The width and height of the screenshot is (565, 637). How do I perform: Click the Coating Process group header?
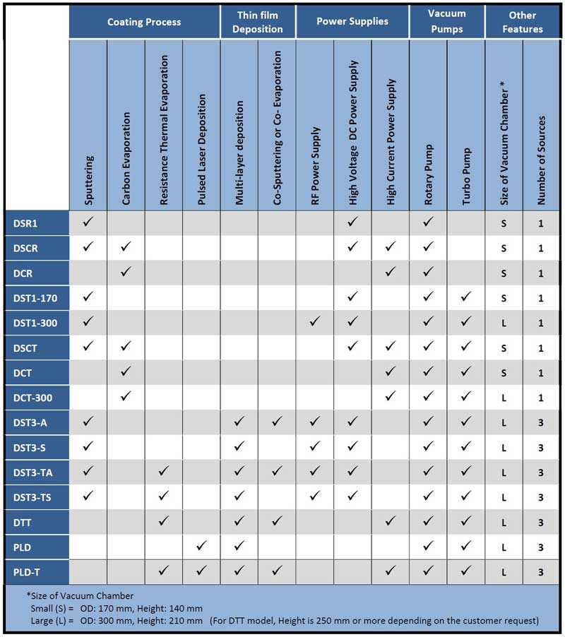pyautogui.click(x=144, y=22)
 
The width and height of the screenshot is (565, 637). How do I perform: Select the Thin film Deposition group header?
pyautogui.click(x=258, y=22)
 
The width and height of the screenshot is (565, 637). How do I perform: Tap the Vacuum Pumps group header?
pyautogui.click(x=447, y=22)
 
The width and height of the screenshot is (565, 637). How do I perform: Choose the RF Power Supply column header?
pyautogui.click(x=315, y=167)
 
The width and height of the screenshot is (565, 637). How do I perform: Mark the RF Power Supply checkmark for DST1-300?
pyautogui.click(x=315, y=322)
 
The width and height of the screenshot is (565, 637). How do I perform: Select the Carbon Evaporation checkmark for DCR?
pyautogui.click(x=126, y=272)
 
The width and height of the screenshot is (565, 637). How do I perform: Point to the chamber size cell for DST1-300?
pyautogui.click(x=504, y=323)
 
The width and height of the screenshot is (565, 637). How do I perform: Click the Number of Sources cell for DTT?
pyautogui.click(x=542, y=523)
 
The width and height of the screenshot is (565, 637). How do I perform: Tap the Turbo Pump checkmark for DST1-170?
pyautogui.click(x=466, y=297)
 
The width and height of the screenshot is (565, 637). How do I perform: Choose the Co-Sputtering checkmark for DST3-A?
pyautogui.click(x=277, y=422)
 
